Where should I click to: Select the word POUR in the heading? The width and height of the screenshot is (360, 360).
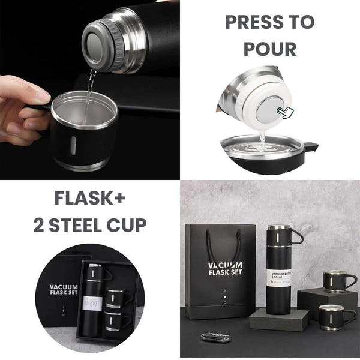pos(269,50)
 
